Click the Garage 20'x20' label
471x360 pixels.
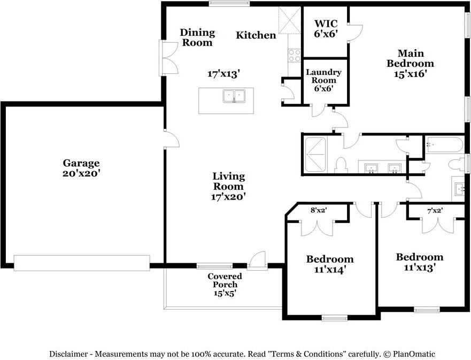coord(81,168)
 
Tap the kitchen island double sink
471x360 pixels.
coord(233,96)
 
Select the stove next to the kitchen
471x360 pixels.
coord(294,55)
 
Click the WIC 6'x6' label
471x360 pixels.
coord(326,28)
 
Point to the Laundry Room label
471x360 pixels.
coord(323,80)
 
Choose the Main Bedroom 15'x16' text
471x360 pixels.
coord(411,64)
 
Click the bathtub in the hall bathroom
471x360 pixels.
coord(444,145)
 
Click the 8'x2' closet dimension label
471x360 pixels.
coord(319,210)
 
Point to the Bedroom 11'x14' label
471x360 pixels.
coord(329,264)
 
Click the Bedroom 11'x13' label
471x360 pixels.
coord(419,262)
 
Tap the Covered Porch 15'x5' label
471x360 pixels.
coord(225,285)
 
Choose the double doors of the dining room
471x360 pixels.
coord(169,58)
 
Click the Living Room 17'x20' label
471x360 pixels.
coord(229,186)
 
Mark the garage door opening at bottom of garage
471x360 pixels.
coord(82,263)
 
